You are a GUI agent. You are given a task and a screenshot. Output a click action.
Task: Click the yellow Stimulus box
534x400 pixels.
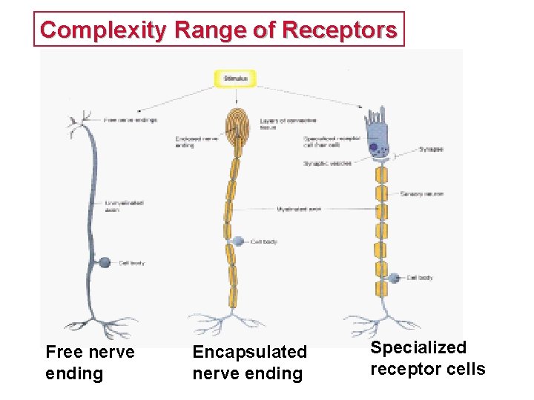click(236, 78)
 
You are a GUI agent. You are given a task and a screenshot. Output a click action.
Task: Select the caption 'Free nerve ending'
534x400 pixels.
click(90, 362)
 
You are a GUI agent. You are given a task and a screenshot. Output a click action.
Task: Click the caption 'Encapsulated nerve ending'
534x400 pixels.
click(249, 362)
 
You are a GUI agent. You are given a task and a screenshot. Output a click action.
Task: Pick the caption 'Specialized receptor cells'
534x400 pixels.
click(428, 358)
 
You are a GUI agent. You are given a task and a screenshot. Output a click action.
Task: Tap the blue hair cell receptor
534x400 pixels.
click(379, 133)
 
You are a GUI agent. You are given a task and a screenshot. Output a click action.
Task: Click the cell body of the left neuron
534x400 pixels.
click(105, 262)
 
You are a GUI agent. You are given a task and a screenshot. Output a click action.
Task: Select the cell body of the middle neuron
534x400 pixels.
click(237, 241)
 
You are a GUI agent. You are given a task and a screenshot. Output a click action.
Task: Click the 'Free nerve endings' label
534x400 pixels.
click(131, 120)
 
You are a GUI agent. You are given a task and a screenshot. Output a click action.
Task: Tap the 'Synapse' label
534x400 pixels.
click(431, 149)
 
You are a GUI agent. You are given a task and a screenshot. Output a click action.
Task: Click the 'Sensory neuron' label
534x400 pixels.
click(422, 194)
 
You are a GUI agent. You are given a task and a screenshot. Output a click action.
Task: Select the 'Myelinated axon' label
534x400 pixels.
click(298, 209)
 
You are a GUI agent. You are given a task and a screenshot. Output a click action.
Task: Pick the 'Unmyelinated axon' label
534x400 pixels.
click(124, 205)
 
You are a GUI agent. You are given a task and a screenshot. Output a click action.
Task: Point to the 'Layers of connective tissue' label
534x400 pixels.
click(278, 124)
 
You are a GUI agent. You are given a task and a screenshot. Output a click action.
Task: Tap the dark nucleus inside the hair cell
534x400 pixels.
click(374, 148)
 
